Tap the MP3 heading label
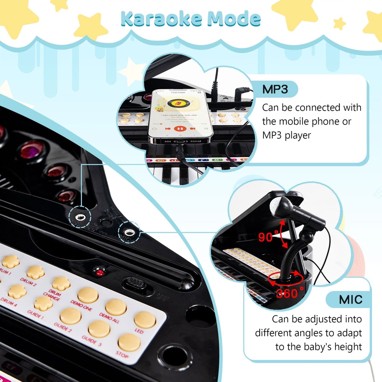pyautogui.click(x=275, y=89)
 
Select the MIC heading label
pyautogui.click(x=351, y=300)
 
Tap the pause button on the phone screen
pyautogui.click(x=181, y=129)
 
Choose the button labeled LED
pyautogui.click(x=145, y=320)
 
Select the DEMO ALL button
pyautogui.click(x=116, y=307)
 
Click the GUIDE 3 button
pyautogui.click(x=99, y=329)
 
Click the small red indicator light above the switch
pyautogui.click(x=100, y=272)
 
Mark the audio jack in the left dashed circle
pyautogui.click(x=80, y=218)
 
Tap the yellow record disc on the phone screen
pyautogui.click(x=175, y=103)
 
